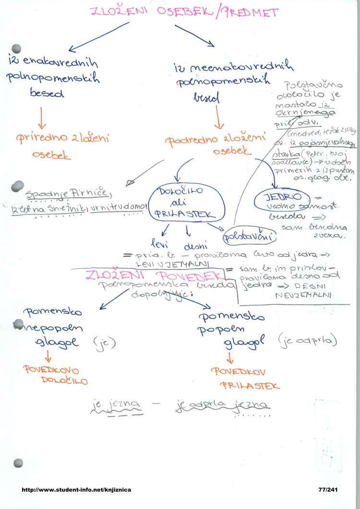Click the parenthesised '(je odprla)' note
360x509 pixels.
(307, 341)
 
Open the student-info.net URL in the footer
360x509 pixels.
(76, 490)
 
